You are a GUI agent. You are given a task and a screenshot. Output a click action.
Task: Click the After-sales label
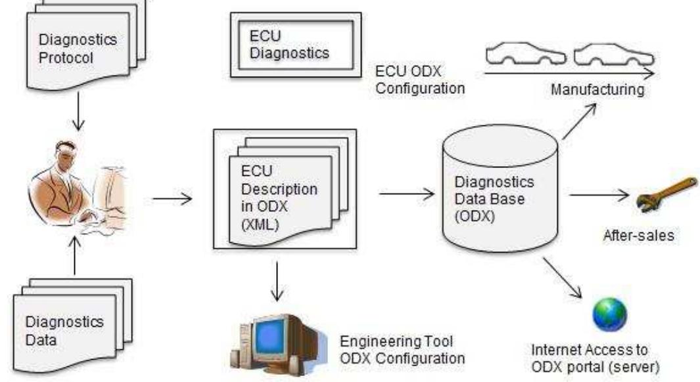638,234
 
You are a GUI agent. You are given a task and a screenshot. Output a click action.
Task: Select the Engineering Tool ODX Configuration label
402,350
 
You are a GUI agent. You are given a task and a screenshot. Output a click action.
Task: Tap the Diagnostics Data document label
64,331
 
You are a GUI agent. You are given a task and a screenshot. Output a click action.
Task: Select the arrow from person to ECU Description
172,197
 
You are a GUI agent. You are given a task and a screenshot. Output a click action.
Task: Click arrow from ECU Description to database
408,194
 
